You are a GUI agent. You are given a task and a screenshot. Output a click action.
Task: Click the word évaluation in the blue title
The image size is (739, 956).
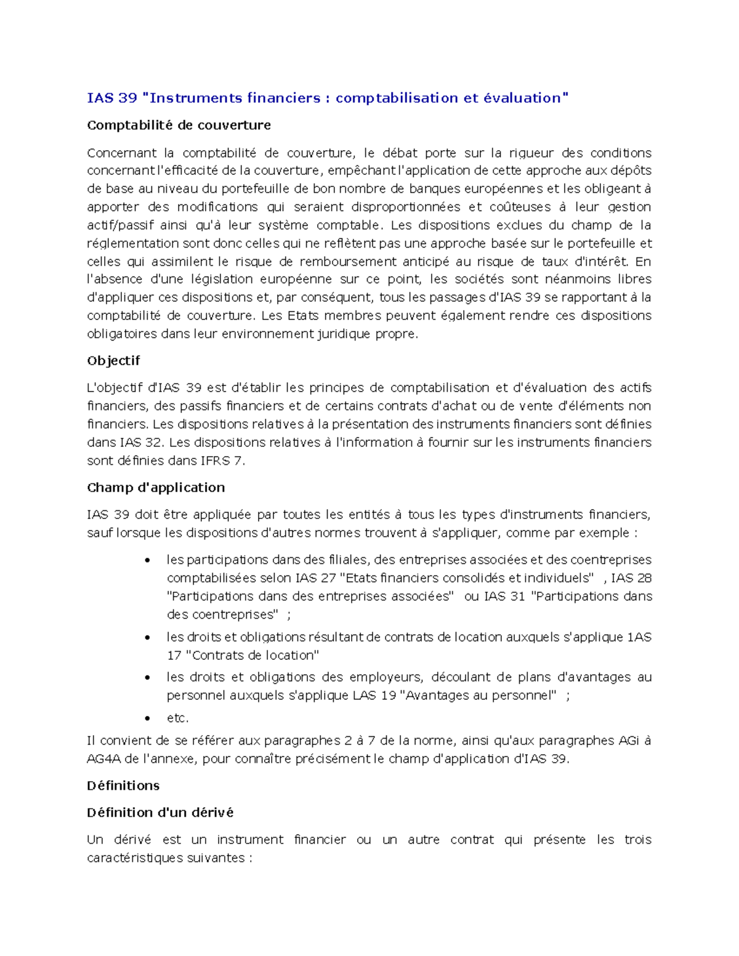[524, 98]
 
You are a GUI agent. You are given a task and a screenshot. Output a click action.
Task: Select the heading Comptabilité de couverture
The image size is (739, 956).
[179, 126]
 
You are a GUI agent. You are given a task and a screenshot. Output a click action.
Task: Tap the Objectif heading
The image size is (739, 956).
[113, 361]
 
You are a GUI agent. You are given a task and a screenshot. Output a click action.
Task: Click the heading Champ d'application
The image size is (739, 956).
[156, 488]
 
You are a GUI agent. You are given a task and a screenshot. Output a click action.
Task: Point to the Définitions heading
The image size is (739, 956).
[123, 785]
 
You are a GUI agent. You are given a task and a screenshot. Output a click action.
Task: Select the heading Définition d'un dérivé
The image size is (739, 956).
[160, 813]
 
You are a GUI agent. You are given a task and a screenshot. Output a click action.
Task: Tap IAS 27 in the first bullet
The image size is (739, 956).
[315, 578]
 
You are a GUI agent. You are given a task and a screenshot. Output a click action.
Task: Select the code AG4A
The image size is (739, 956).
[103, 758]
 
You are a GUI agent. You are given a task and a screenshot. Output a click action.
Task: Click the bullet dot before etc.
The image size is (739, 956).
[147, 718]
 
